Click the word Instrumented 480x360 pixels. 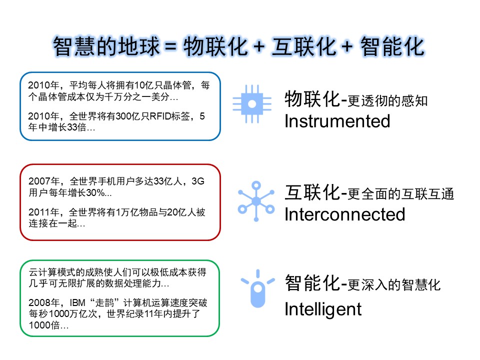337,121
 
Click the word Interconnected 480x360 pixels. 344,214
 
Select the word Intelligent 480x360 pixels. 323,308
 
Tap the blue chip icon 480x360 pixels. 252,103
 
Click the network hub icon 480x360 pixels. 256,201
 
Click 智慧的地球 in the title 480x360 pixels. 107,47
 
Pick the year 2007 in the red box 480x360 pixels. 39,181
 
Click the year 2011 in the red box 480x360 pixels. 39,212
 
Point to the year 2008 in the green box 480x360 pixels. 39,303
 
